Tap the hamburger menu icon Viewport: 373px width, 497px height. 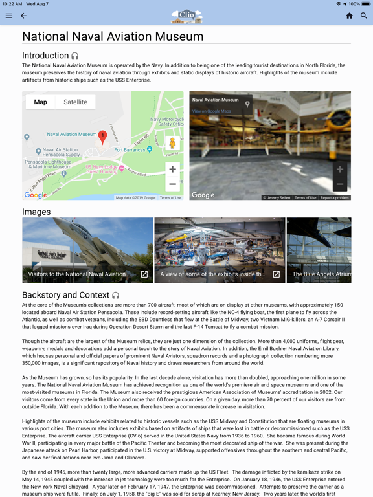[x=9, y=16]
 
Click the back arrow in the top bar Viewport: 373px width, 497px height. [x=24, y=16]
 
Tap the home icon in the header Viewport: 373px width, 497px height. [x=349, y=16]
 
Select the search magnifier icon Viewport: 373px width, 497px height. [x=364, y=16]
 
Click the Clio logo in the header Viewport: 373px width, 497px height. [x=186, y=16]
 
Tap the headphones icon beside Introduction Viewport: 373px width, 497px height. [x=75, y=56]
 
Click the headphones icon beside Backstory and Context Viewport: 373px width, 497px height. [x=116, y=295]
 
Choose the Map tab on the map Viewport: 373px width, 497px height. [x=40, y=102]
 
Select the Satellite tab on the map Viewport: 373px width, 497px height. [x=75, y=102]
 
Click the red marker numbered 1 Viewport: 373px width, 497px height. [x=102, y=137]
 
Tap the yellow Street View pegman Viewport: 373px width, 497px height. [x=172, y=143]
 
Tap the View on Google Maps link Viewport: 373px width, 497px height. [x=211, y=111]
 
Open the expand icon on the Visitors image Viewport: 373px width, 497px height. [x=144, y=274]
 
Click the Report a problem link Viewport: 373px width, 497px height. [x=334, y=197]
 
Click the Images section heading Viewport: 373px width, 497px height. [x=36, y=212]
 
